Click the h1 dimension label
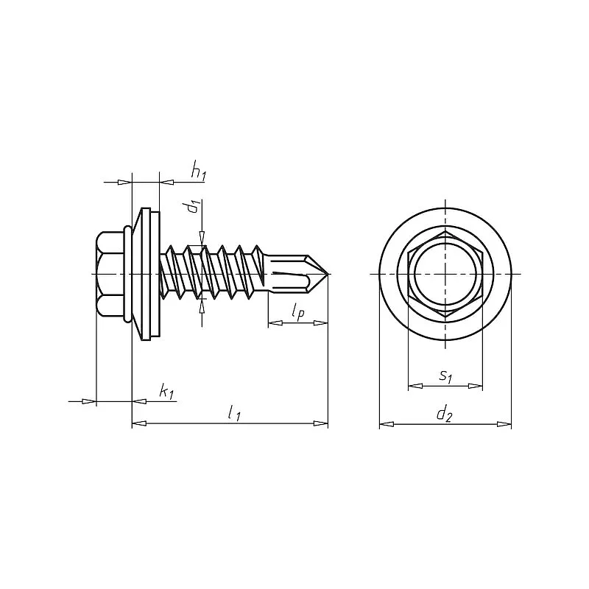[x=198, y=172]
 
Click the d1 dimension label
[x=193, y=207]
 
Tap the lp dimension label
[x=297, y=313]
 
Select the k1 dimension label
[x=167, y=392]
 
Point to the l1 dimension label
[x=234, y=414]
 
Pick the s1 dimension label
[x=445, y=376]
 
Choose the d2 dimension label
[x=443, y=415]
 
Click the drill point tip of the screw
[x=326, y=274]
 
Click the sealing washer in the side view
[x=149, y=274]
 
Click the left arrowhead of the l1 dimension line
[x=136, y=423]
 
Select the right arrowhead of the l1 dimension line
[x=322, y=423]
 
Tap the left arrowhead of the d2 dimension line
[x=384, y=423]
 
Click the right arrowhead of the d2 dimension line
[x=506, y=423]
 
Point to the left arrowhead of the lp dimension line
[x=273, y=322]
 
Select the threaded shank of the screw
[x=214, y=274]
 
